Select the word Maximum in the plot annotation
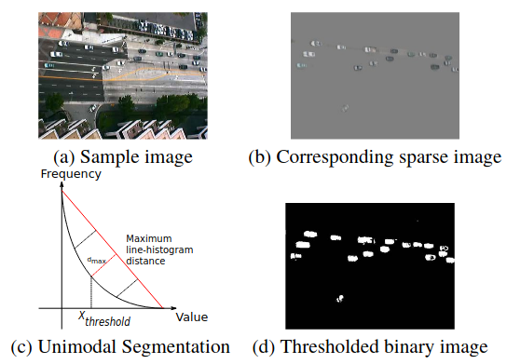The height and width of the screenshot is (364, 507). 149,237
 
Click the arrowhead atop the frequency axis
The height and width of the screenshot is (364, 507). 62,183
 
